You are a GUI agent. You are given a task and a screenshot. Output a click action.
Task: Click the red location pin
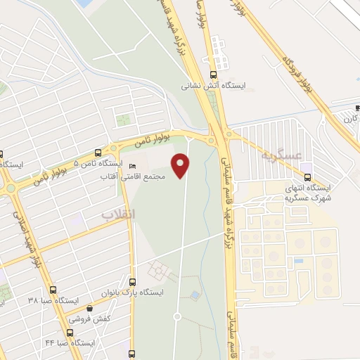tap(181, 165)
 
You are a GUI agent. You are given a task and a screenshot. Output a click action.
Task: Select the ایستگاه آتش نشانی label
tap(215, 85)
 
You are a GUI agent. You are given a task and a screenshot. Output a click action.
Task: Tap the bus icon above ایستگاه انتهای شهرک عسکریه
tap(308, 176)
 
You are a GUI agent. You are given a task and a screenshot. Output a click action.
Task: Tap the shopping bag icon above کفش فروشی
tap(89, 307)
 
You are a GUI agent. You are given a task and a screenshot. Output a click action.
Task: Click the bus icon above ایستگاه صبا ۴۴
tap(69, 333)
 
